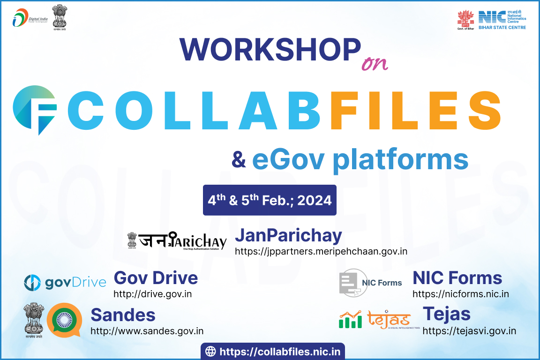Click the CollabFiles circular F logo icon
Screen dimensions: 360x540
click(35, 110)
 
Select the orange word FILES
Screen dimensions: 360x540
click(415, 111)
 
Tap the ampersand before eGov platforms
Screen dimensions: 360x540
click(239, 160)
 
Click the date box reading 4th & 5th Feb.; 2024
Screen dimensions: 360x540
click(270, 200)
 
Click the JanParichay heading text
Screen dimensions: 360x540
click(288, 235)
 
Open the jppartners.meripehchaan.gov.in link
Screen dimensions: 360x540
click(321, 251)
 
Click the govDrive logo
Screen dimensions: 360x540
click(65, 282)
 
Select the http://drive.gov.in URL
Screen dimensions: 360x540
click(153, 294)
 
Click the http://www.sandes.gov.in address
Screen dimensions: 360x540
click(147, 331)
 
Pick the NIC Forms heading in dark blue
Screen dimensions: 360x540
click(457, 278)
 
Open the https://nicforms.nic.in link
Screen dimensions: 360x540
click(460, 294)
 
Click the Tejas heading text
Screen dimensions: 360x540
click(446, 314)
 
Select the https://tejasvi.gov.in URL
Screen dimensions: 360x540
click(469, 331)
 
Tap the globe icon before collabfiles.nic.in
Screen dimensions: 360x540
click(211, 351)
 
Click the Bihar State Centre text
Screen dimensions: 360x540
click(502, 28)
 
